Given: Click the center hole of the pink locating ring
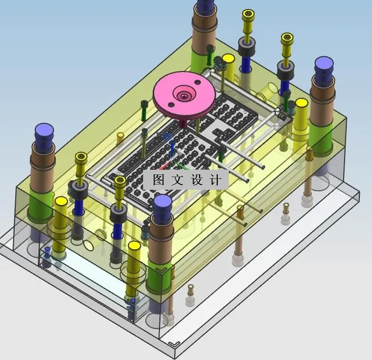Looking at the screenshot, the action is click(x=184, y=96).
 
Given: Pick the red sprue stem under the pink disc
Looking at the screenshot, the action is click(x=183, y=124).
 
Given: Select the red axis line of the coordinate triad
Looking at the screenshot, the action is click(x=164, y=166).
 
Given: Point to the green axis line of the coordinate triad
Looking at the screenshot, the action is click(x=182, y=166).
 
